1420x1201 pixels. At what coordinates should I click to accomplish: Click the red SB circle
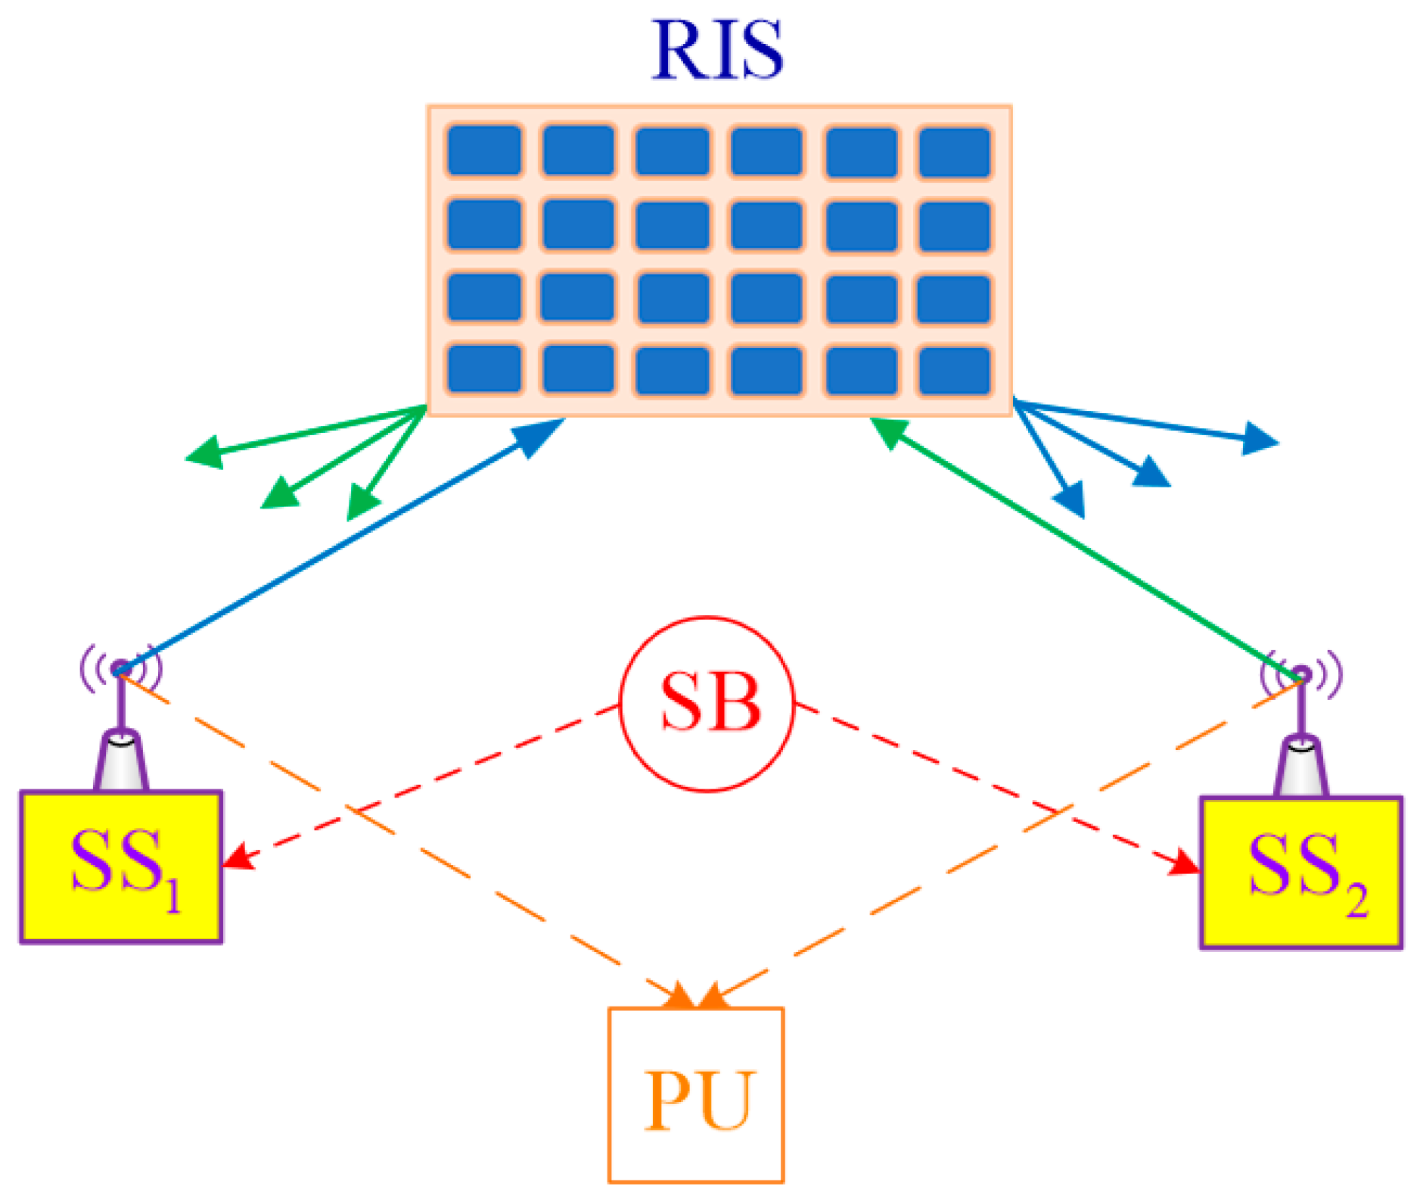tap(707, 705)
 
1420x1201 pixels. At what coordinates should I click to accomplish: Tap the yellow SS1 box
tap(121, 867)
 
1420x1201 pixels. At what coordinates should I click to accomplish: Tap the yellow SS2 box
tap(1300, 872)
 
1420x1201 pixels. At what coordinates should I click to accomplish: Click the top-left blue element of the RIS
tap(484, 151)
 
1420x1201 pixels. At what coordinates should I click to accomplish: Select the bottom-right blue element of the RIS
tap(955, 371)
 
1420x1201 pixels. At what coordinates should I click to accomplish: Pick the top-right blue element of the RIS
tap(955, 151)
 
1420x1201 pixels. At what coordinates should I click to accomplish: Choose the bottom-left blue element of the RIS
tap(484, 369)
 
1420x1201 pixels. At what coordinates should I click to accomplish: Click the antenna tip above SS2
tap(1300, 674)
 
